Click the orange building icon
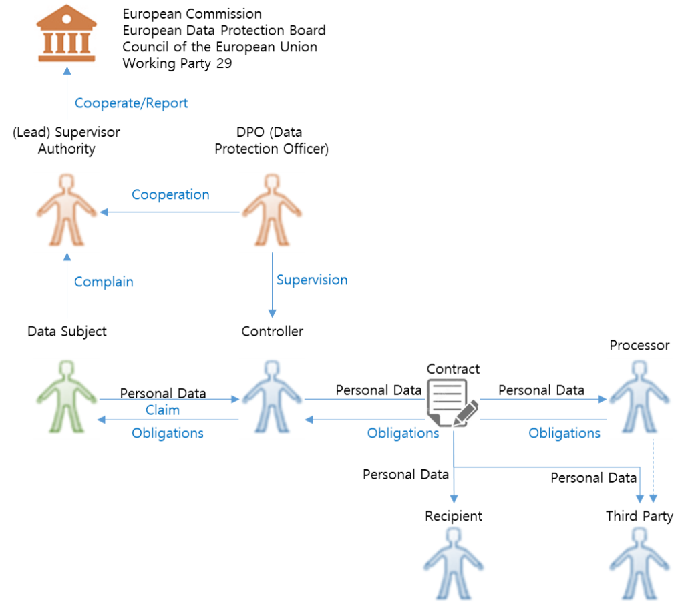click(66, 35)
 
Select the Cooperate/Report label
click(131, 103)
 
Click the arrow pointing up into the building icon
click(67, 93)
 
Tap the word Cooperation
click(170, 195)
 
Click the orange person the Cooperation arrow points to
click(66, 212)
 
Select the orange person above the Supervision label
click(272, 212)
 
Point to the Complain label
click(104, 282)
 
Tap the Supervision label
click(311, 280)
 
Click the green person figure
click(66, 398)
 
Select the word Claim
click(162, 410)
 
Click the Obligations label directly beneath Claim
click(168, 433)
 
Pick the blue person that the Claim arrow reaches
click(272, 398)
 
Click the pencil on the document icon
click(466, 412)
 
